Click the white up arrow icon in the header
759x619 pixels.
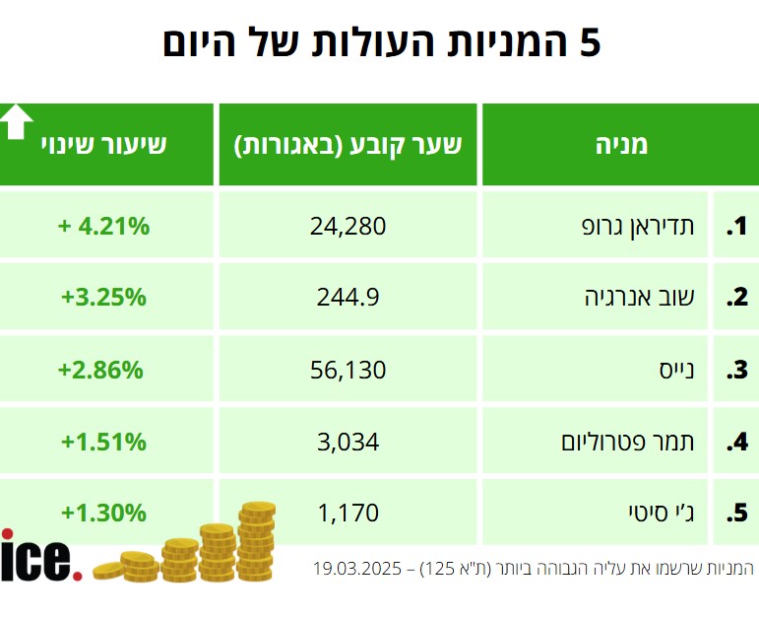tap(17, 121)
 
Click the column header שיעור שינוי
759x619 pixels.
tap(103, 145)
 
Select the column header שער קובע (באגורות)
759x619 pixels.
tap(348, 145)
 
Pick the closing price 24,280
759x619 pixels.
tap(348, 226)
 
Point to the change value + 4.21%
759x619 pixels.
tap(103, 226)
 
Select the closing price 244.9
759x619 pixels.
tap(348, 296)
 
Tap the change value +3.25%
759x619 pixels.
tap(103, 296)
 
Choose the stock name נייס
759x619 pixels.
tap(676, 371)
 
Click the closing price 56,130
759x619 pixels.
tap(348, 371)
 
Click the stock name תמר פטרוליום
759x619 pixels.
tap(628, 442)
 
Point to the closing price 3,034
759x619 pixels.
tap(348, 442)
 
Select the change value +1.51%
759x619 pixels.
tap(103, 442)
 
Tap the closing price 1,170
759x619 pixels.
tap(348, 513)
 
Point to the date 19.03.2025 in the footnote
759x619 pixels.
tap(357, 569)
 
